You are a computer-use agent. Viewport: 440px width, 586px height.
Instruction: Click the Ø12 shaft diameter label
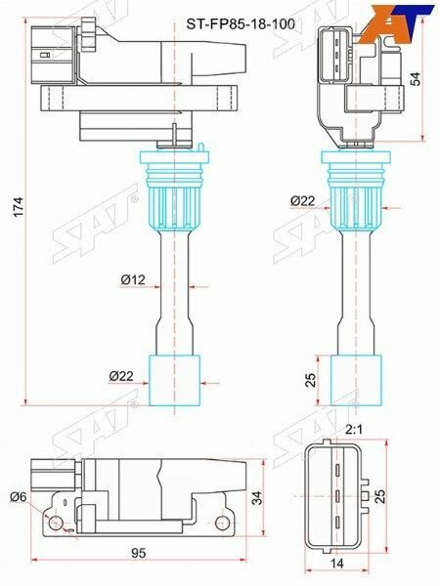point(133,281)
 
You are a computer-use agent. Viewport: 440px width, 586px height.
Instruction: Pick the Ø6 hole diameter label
point(17,498)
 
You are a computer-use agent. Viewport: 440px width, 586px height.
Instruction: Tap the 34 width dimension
point(257,497)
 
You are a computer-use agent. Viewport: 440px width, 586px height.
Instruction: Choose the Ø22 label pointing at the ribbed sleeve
point(302,200)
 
